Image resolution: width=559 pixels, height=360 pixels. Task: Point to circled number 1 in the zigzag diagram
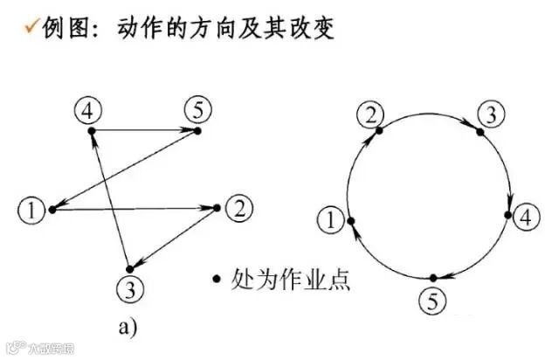[31, 210]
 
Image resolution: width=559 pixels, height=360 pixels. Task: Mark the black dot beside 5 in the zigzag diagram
[198, 131]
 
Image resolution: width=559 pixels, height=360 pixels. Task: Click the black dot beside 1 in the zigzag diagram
[52, 209]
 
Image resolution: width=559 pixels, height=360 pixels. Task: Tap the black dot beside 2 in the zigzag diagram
[217, 208]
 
